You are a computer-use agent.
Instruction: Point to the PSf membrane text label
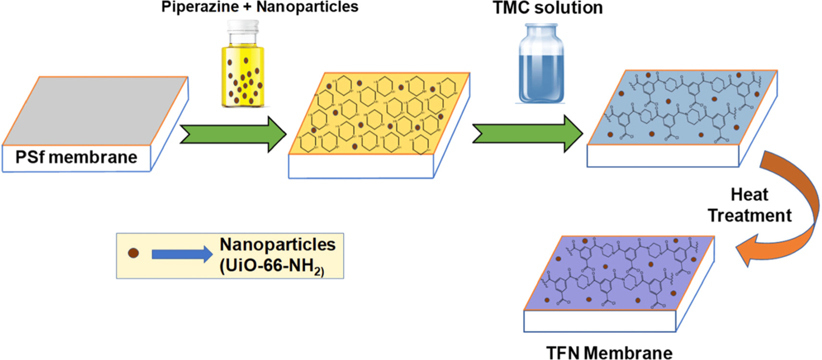click(76, 157)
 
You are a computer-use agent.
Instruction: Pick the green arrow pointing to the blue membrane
click(527, 133)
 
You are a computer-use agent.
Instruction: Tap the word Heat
click(749, 194)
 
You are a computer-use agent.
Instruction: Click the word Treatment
click(749, 216)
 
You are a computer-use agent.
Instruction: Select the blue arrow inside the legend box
click(181, 254)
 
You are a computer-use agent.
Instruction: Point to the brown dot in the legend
click(133, 253)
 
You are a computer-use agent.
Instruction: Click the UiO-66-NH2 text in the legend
click(272, 265)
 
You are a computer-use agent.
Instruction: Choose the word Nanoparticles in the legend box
click(278, 244)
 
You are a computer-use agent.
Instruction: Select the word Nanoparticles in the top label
click(307, 7)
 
